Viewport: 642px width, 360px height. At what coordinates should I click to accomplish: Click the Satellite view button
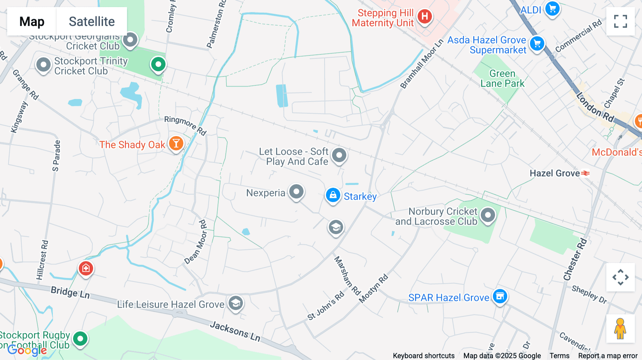(92, 21)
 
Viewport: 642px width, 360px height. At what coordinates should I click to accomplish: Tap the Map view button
(32, 21)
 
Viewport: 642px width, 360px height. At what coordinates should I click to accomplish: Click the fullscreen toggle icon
(620, 21)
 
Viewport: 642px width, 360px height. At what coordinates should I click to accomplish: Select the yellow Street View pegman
(620, 328)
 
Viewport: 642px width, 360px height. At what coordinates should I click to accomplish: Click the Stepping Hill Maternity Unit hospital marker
(424, 16)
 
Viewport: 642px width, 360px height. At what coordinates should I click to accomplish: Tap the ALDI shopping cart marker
(552, 9)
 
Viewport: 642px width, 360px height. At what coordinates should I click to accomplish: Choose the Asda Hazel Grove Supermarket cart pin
(537, 44)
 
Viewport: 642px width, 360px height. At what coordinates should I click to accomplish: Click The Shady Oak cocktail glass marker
(176, 143)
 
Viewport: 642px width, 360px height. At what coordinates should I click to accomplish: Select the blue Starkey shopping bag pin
(333, 195)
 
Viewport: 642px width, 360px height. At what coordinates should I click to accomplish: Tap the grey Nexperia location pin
(296, 191)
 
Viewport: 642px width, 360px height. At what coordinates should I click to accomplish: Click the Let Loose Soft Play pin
(339, 155)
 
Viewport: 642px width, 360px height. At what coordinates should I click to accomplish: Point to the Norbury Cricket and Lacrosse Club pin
(488, 215)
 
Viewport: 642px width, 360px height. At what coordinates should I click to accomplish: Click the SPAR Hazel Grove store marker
(500, 296)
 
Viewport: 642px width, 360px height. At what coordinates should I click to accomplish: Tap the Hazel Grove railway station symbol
(585, 173)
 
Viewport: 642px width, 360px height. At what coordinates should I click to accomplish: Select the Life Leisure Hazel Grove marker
(235, 303)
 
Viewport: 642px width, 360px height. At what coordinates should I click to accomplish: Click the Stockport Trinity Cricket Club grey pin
(44, 65)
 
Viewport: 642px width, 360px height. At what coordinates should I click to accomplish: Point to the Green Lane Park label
(502, 78)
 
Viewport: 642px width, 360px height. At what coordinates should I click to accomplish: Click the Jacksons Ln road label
(235, 331)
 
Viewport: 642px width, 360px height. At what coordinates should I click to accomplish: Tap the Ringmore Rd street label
(185, 125)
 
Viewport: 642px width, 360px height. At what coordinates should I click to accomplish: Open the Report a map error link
(608, 356)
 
